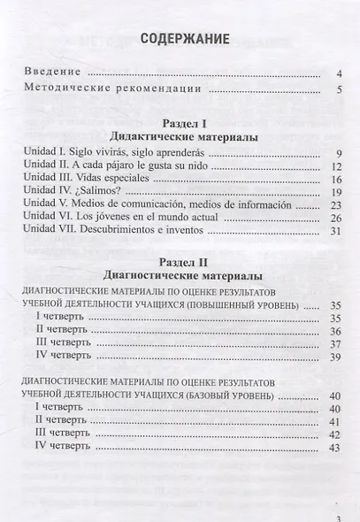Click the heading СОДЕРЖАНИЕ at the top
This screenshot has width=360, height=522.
(x=180, y=38)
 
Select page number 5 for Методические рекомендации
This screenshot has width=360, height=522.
(x=340, y=89)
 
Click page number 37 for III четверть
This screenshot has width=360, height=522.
(x=336, y=344)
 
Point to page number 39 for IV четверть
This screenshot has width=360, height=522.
(x=336, y=357)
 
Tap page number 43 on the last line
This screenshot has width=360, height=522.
(x=335, y=449)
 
